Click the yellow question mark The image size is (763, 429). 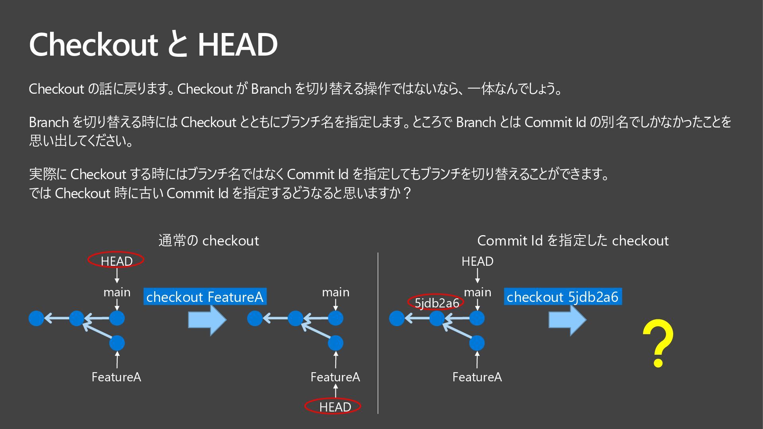658,344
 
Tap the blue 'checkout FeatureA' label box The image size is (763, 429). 205,297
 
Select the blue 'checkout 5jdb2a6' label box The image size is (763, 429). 563,297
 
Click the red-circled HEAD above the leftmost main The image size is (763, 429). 116,261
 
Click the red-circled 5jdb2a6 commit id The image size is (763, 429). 436,303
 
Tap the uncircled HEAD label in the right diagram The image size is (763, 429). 477,261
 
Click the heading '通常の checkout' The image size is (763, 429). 209,240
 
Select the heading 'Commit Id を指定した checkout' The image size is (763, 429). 573,240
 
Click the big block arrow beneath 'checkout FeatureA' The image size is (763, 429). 207,320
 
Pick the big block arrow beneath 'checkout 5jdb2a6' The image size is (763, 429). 567,320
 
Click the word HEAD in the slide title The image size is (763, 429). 238,44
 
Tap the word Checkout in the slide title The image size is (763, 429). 94,44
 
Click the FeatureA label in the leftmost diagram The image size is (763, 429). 116,377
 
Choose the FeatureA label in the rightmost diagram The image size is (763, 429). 477,377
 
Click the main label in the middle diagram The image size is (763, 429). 335,292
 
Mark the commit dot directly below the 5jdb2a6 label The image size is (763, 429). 437,318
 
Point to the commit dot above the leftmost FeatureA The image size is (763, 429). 117,343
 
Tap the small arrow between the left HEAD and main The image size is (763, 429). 117,276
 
